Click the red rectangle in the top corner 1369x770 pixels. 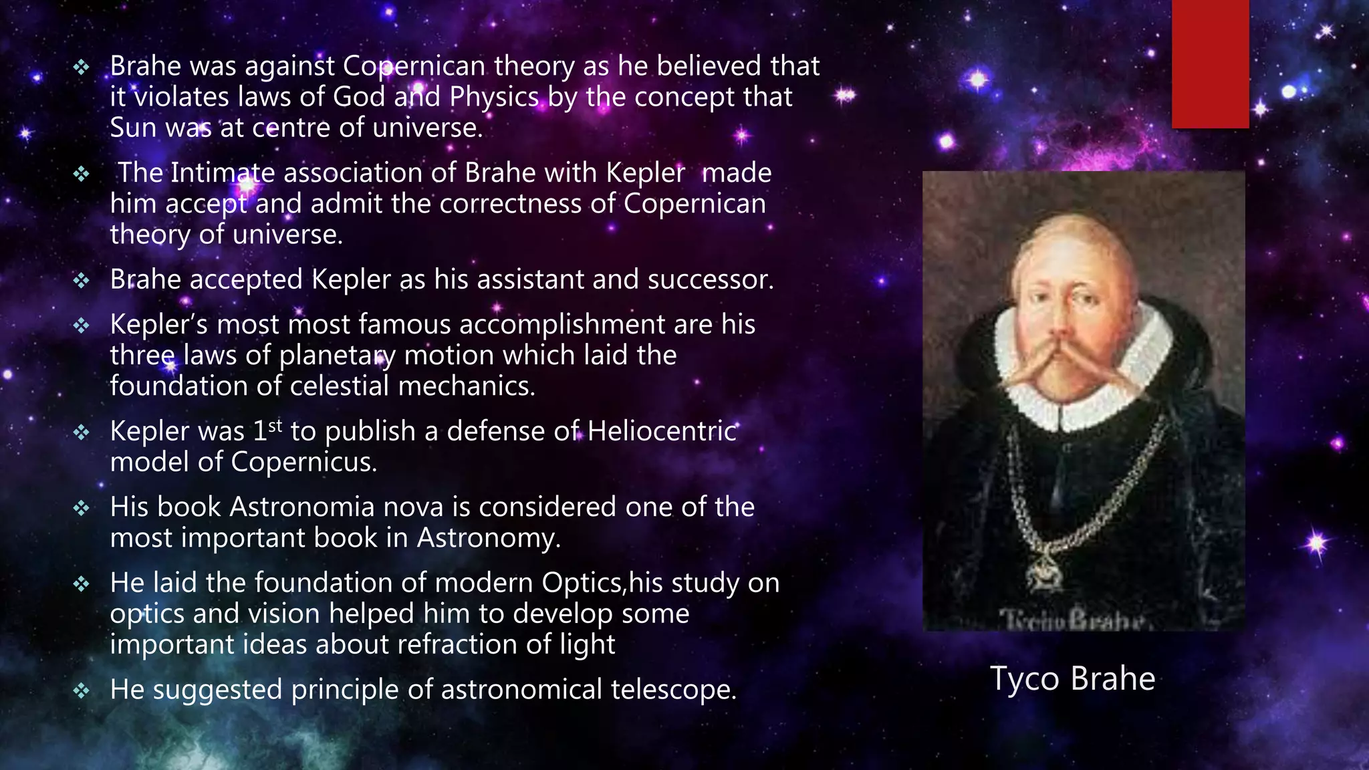click(x=1210, y=63)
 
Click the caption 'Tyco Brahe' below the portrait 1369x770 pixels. click(x=1072, y=678)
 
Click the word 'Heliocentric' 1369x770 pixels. click(x=662, y=431)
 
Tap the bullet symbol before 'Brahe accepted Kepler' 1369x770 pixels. click(x=81, y=280)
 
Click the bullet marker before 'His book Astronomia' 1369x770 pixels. click(x=81, y=509)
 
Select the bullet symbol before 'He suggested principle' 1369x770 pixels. click(x=81, y=690)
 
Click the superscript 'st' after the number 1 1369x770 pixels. click(x=275, y=425)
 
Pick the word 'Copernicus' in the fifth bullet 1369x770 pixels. click(x=303, y=462)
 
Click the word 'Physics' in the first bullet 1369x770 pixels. click(x=494, y=97)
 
